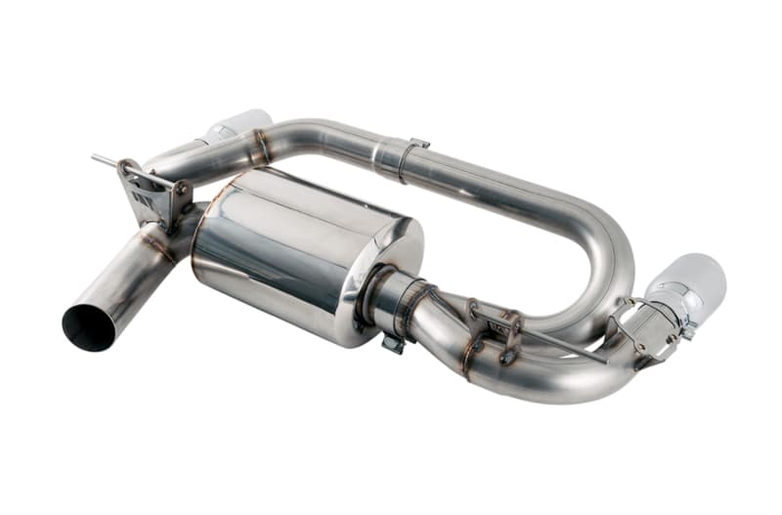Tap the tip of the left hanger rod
[x=96, y=157]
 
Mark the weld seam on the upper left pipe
[x=260, y=147]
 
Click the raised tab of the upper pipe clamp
[x=419, y=144]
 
